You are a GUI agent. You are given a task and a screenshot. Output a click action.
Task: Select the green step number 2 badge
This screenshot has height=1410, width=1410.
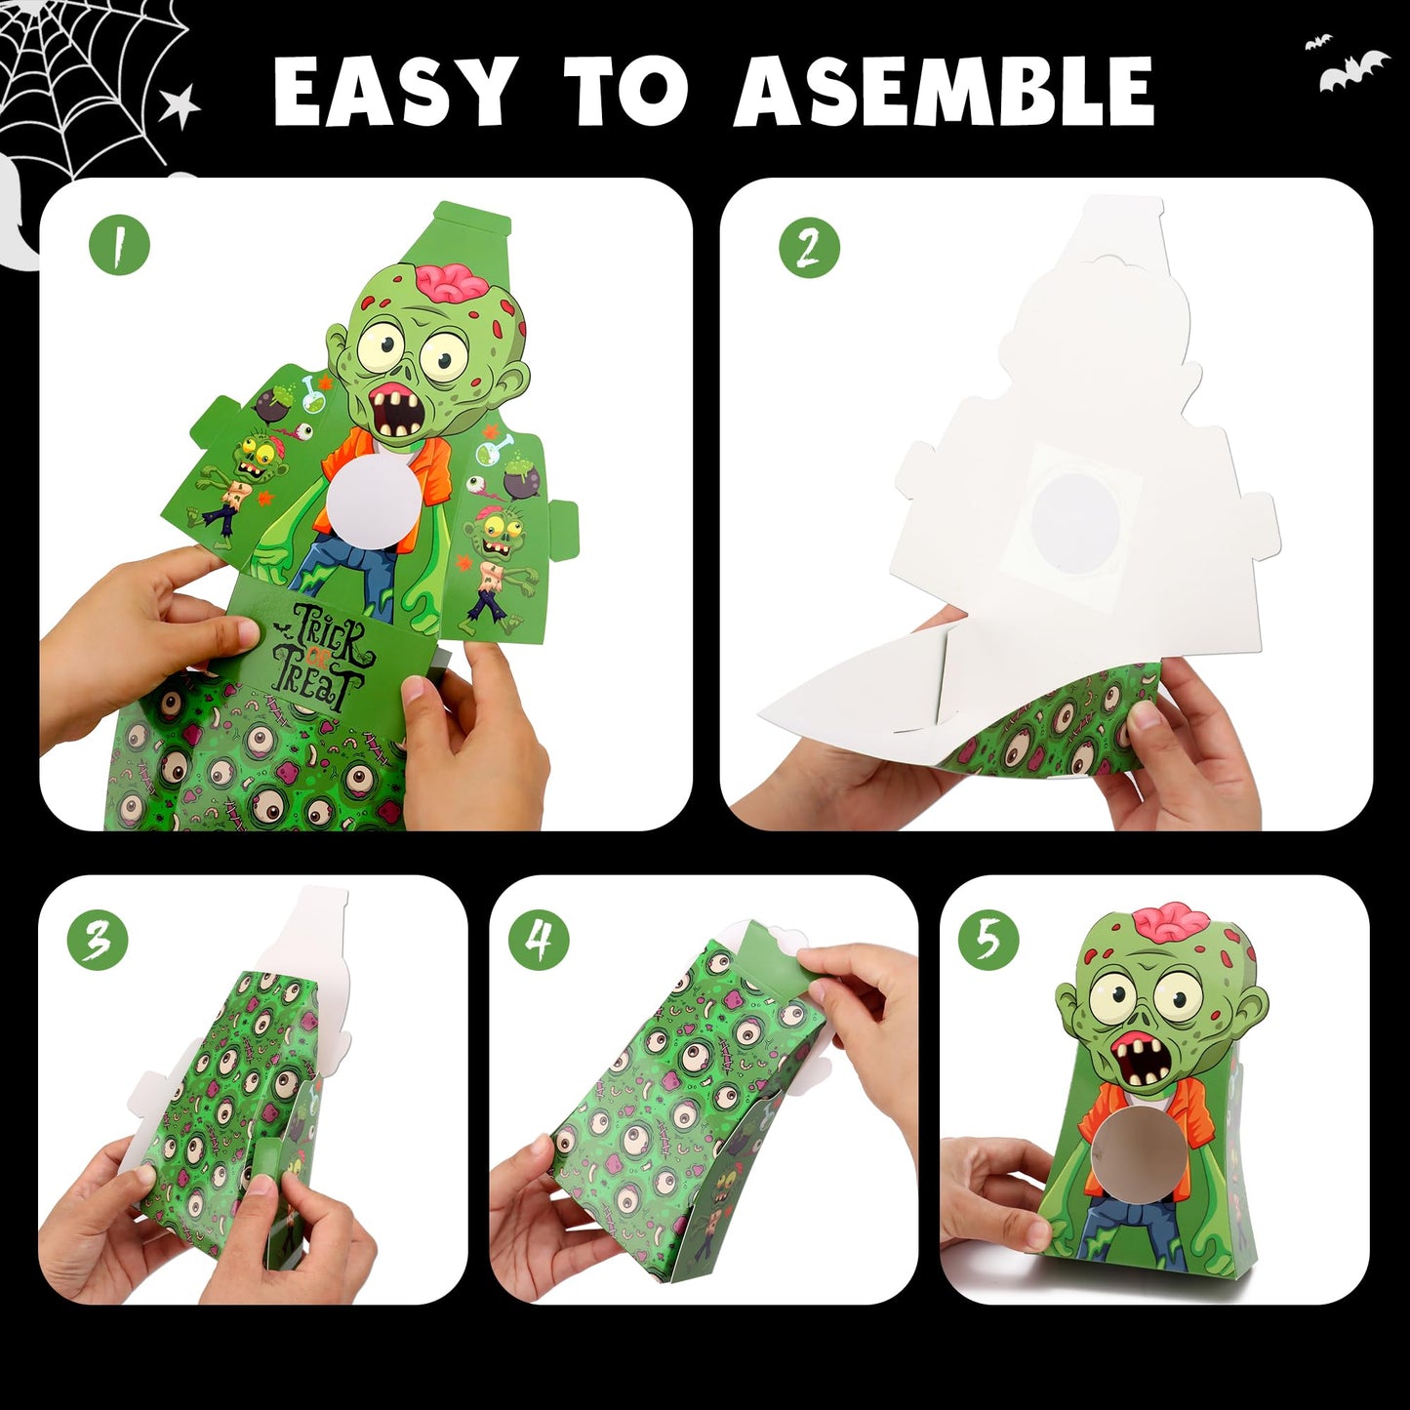[x=809, y=247]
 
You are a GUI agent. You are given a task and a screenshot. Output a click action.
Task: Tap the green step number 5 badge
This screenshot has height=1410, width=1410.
[x=988, y=939]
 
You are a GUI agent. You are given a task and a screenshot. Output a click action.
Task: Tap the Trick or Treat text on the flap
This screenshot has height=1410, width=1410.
[x=319, y=657]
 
